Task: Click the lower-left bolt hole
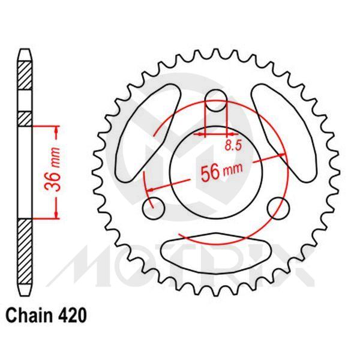click(154, 208)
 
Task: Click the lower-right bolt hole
click(277, 208)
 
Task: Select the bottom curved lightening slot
click(216, 251)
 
